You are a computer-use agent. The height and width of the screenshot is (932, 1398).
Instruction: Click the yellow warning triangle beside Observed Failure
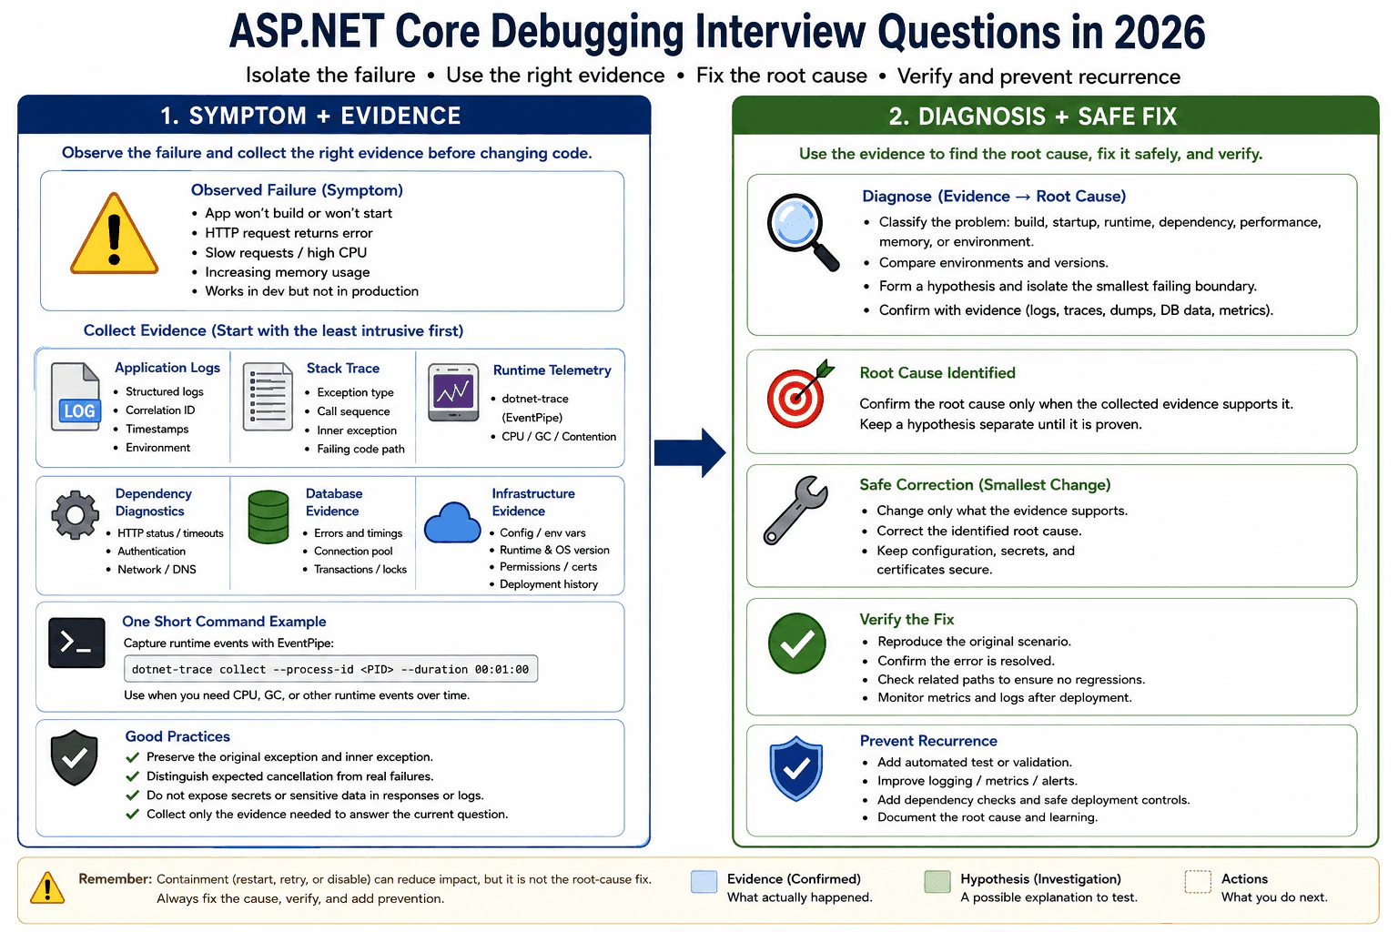coord(114,234)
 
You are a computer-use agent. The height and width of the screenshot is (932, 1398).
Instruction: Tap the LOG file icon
coord(76,397)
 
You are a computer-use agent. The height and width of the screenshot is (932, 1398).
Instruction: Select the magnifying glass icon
coord(803,231)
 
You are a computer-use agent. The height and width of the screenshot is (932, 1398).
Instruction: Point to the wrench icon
coord(795,510)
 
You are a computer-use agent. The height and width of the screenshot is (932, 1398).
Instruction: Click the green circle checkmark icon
coord(797,643)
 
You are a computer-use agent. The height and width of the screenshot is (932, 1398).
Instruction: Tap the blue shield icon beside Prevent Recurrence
coord(796,768)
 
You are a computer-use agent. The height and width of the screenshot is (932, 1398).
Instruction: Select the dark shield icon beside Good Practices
coord(75,757)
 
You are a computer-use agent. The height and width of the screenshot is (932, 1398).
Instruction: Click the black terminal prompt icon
coord(76,643)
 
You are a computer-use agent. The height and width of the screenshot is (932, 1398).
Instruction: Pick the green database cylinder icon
coord(268,517)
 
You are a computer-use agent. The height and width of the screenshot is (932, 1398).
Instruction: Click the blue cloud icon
coord(452,522)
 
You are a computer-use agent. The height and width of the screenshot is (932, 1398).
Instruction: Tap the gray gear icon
coord(75,515)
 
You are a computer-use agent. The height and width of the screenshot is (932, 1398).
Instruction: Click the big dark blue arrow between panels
coord(690,452)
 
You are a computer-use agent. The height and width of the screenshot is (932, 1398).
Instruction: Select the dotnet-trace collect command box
coord(330,669)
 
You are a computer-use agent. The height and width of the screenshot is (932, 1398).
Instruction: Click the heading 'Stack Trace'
coord(342,369)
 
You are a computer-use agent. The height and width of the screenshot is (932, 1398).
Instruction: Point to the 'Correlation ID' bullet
coord(160,410)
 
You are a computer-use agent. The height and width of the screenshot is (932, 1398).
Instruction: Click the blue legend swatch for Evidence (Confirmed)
coord(704,882)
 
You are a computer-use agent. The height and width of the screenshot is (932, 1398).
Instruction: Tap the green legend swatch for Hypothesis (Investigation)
coord(937,882)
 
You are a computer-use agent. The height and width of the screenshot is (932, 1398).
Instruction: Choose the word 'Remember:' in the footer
coord(116,879)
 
